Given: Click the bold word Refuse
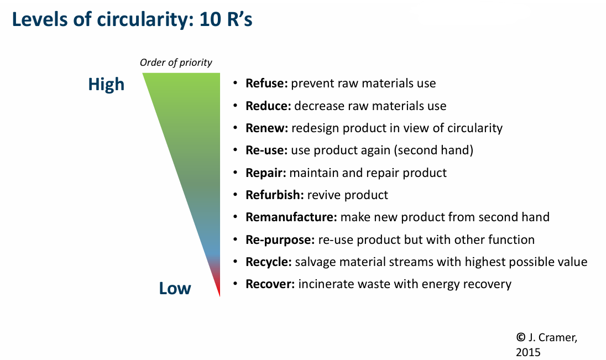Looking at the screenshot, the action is point(267,83).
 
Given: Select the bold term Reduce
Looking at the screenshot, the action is point(268,106).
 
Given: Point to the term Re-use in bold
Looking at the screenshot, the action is point(267,150).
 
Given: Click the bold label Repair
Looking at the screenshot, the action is point(266,173).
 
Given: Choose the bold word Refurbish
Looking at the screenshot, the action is point(275,195).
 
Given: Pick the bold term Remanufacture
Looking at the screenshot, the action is point(291,217).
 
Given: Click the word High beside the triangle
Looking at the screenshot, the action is point(106,85).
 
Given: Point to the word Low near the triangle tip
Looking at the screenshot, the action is point(175,289).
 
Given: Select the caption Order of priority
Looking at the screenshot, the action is point(176,62).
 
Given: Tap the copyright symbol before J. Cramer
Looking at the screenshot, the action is point(521,337).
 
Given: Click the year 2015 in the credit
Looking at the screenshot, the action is point(528,352).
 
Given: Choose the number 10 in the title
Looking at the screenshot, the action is point(210,19).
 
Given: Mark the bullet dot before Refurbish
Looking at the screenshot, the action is point(235,195).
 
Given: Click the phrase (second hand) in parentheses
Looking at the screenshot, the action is point(433,150).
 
